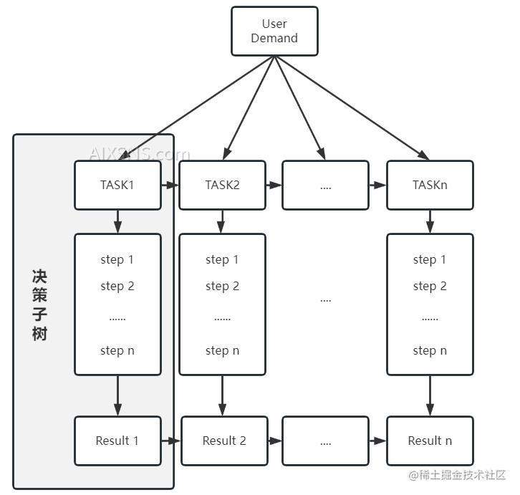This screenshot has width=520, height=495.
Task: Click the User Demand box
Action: (274, 31)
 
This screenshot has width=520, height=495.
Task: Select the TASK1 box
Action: (117, 185)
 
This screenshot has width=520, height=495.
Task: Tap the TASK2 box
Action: (222, 185)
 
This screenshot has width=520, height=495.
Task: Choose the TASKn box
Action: (430, 185)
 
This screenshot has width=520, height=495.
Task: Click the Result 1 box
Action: (117, 441)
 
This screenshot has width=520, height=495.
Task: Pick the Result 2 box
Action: (223, 441)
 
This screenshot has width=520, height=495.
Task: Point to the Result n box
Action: (430, 441)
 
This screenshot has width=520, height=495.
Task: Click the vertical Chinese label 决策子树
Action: (39, 305)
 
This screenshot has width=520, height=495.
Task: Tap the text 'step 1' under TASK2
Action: (222, 259)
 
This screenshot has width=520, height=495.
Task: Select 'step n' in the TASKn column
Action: (430, 350)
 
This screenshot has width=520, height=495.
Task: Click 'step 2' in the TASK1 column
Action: (117, 286)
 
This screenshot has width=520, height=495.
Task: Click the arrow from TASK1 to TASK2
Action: (170, 186)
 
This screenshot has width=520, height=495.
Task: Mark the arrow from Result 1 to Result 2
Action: (170, 441)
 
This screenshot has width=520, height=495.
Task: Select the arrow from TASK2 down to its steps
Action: (222, 221)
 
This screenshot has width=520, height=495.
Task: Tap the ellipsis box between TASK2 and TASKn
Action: (326, 185)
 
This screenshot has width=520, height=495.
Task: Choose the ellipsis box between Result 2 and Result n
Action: (326, 441)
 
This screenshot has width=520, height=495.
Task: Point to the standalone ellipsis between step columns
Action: (326, 299)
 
